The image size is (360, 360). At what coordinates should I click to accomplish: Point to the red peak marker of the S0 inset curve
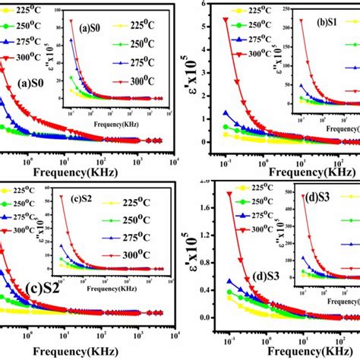[x=71, y=21]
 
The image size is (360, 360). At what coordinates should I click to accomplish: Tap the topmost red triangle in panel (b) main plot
[x=225, y=20]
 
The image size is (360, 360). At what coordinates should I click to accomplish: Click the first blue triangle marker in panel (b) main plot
[x=225, y=112]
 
